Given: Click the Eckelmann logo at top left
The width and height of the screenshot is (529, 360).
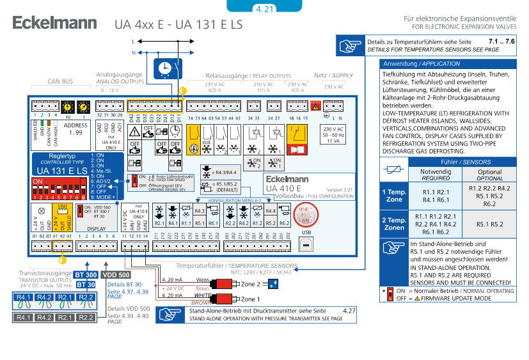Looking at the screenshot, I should click(x=54, y=24).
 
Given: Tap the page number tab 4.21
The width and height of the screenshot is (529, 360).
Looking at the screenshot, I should click(x=264, y=8).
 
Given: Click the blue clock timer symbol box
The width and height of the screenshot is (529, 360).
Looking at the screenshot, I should click(x=166, y=67).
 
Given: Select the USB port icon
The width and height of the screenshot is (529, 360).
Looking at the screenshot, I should click(x=306, y=245).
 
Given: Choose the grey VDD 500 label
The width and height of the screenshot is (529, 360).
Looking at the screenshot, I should click(x=116, y=274).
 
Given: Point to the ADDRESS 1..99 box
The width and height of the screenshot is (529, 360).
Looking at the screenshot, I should click(x=76, y=129).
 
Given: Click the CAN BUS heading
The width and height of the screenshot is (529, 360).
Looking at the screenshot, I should click(x=60, y=82).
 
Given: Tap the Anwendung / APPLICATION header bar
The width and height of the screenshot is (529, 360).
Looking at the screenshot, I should click(x=447, y=64).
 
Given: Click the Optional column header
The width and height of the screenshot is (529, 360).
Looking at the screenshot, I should click(x=489, y=175).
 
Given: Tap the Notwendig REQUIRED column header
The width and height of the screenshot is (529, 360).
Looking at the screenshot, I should click(x=436, y=175).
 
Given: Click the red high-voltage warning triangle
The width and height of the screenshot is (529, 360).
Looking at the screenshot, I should click(x=315, y=107).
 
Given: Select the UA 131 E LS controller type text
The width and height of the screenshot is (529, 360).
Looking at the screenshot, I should click(x=62, y=171).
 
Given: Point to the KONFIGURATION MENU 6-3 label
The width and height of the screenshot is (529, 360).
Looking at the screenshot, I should click(x=235, y=200).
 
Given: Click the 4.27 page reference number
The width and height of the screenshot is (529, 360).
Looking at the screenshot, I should click(x=349, y=310).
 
